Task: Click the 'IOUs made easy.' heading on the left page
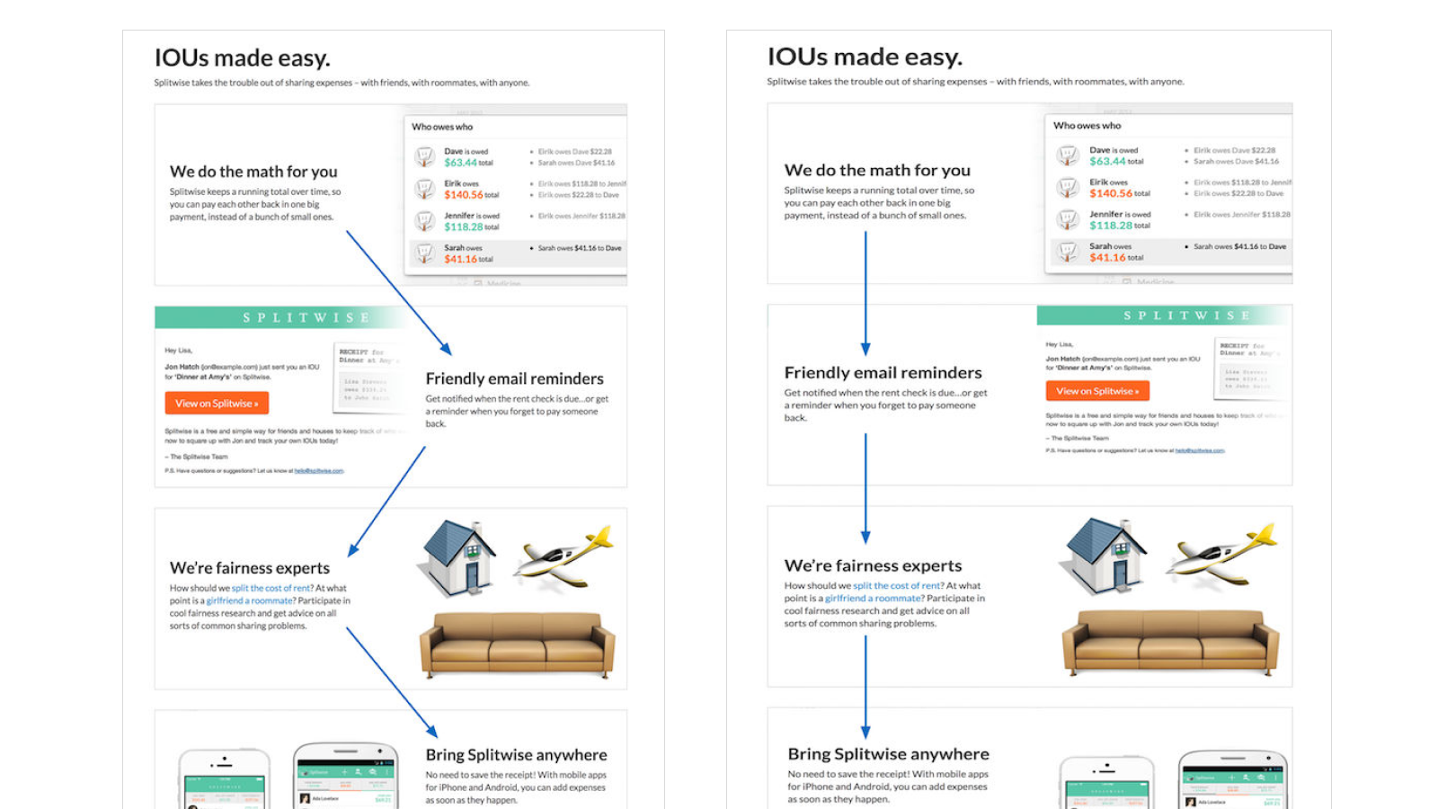[x=243, y=58]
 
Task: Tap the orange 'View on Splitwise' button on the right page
[x=1097, y=391]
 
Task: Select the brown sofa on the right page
[x=1170, y=642]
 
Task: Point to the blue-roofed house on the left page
[x=457, y=557]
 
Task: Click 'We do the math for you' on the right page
[x=877, y=170]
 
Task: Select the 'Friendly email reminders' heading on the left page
[x=514, y=378]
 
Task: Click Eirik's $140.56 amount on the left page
[x=463, y=194]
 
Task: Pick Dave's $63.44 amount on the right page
[x=1107, y=162]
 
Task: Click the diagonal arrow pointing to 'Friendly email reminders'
[x=399, y=293]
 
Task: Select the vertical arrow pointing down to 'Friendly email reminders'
[x=865, y=292]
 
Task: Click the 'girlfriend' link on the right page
[x=846, y=598]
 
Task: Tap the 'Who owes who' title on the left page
[x=442, y=127]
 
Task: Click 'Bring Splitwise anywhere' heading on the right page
[x=888, y=754]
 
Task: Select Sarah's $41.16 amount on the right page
[x=1107, y=257]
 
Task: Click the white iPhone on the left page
[x=225, y=779]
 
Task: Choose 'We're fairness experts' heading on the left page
[x=250, y=568]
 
